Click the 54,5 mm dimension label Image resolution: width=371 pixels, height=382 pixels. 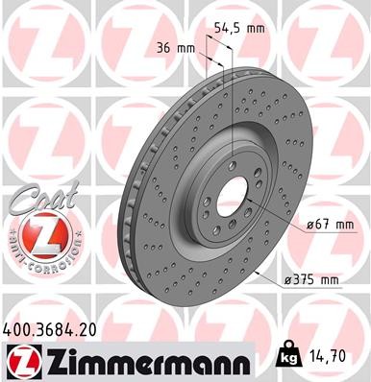tap(240, 28)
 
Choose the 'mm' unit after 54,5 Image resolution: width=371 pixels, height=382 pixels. tap(255, 28)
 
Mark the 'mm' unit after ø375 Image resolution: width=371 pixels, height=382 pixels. tap(329, 279)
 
